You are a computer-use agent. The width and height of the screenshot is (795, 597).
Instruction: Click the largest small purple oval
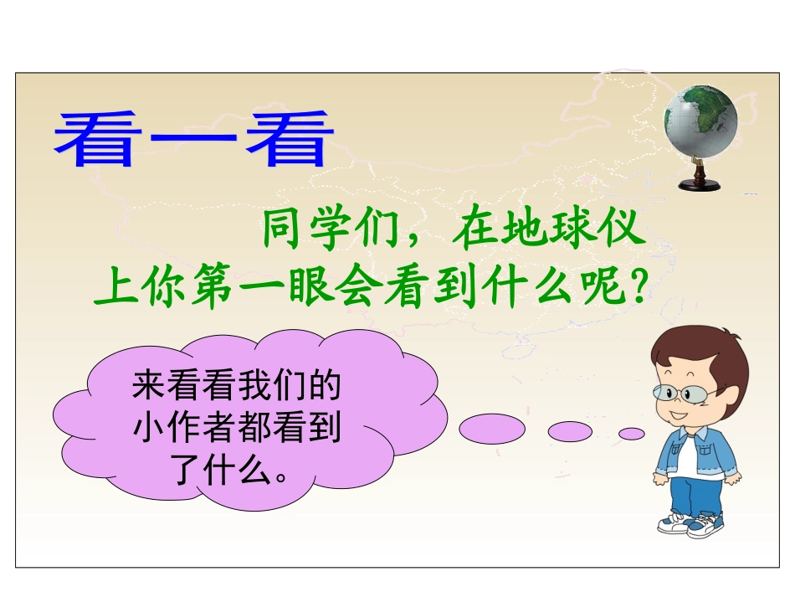492,430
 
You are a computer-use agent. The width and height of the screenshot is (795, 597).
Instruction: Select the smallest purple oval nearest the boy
631,433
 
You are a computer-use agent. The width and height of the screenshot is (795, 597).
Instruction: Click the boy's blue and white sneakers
690,524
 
